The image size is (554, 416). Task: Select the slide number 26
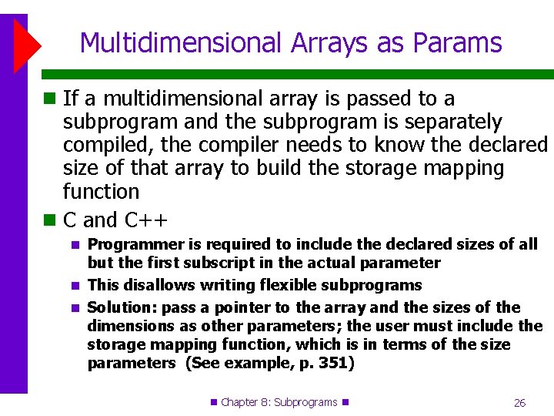coord(519,403)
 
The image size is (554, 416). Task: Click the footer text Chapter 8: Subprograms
coord(279,402)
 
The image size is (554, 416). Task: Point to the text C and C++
coord(115,220)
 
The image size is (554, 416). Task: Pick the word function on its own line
coord(101,192)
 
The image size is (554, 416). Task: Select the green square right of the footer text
coord(345,402)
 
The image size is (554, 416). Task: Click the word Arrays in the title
coord(322,43)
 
